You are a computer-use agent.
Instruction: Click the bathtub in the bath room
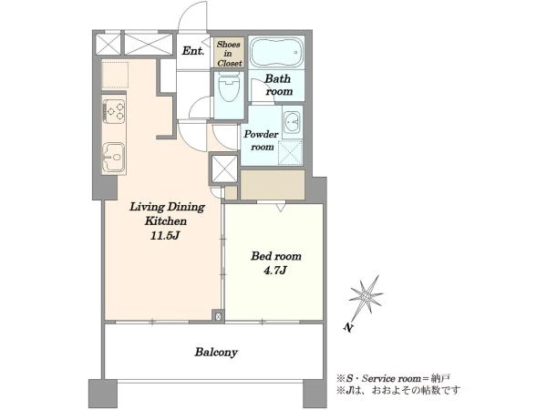click(276, 52)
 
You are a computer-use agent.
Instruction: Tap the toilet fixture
click(228, 87)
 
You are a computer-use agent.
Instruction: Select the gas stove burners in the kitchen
click(114, 110)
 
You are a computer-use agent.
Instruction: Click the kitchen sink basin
click(113, 158)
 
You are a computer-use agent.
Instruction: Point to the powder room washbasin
click(292, 123)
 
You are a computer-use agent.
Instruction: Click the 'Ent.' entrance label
click(193, 51)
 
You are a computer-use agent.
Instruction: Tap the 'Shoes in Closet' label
click(229, 54)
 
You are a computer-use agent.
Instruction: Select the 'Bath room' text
click(278, 85)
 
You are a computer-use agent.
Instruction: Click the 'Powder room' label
click(262, 140)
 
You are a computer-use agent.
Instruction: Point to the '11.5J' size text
click(165, 236)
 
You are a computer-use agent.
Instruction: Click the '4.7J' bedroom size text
click(275, 271)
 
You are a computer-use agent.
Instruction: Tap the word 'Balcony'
click(216, 352)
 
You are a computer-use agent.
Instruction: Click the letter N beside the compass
click(347, 327)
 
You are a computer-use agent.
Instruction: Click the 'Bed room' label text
click(276, 256)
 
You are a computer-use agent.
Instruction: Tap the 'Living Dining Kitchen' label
click(167, 214)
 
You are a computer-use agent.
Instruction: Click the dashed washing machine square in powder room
click(290, 151)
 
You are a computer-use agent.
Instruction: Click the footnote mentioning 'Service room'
click(393, 378)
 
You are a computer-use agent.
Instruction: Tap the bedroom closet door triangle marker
click(281, 208)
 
